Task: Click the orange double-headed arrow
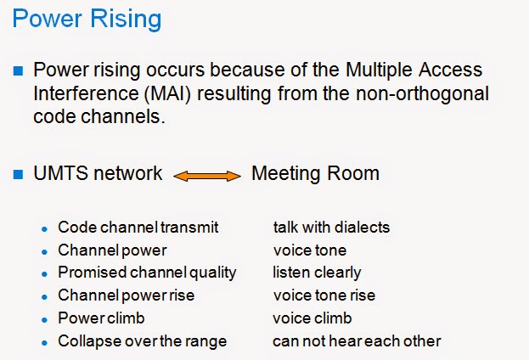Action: point(207,176)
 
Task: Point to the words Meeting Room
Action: point(315,174)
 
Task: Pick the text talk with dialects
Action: point(331,228)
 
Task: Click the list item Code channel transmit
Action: point(138,228)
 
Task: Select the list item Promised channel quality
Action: point(147,273)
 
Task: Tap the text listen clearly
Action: point(317,273)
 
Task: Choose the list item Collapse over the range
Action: point(143,341)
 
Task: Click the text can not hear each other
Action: point(357,341)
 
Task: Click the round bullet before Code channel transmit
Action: point(44,229)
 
